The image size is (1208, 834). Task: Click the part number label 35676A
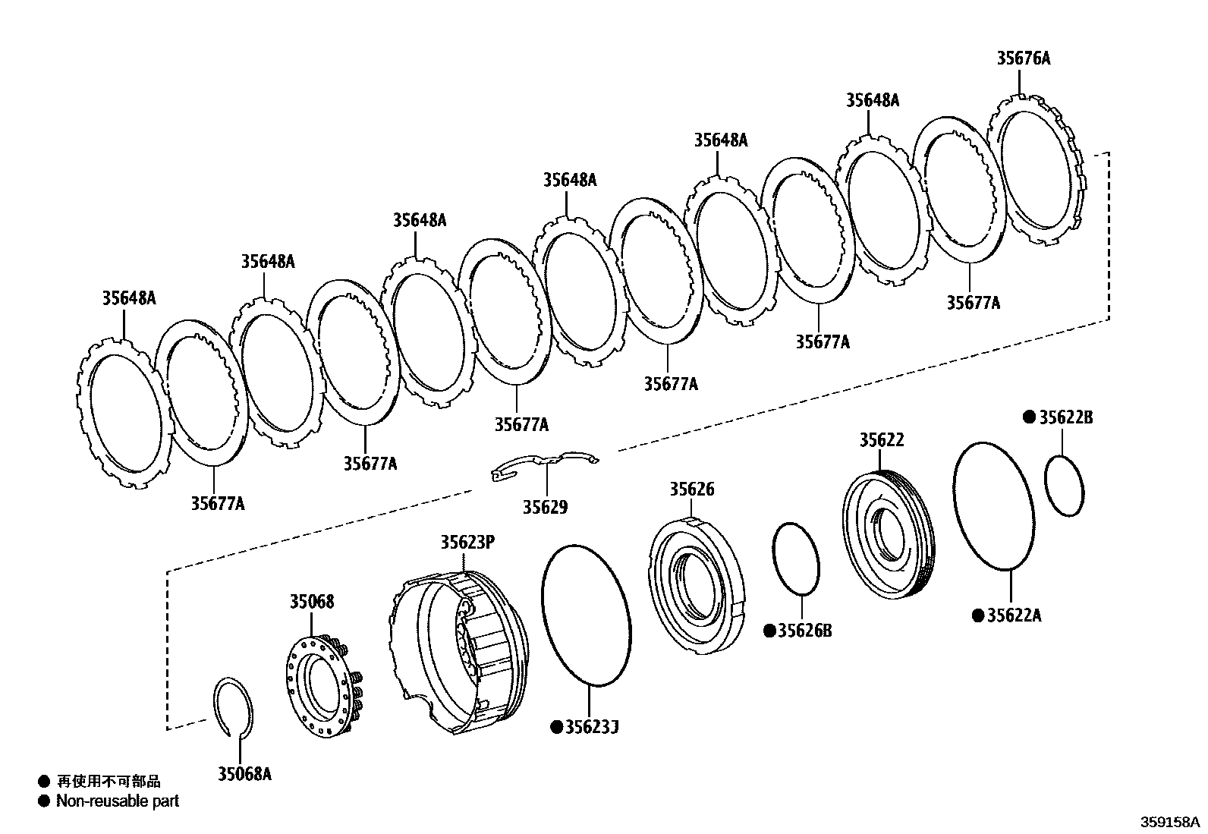pyautogui.click(x=1023, y=58)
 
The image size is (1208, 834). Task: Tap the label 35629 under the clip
pyautogui.click(x=544, y=507)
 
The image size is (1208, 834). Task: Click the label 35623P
pyautogui.click(x=467, y=543)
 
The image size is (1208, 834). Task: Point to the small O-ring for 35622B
pyautogui.click(x=1064, y=486)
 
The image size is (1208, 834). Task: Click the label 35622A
pyautogui.click(x=1014, y=615)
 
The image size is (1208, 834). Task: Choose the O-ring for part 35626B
pyautogui.click(x=796, y=559)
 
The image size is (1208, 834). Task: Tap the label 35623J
pyautogui.click(x=591, y=728)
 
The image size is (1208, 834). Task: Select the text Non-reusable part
pyautogui.click(x=118, y=801)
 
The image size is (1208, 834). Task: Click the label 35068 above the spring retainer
pyautogui.click(x=311, y=602)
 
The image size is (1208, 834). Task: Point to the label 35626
pyautogui.click(x=691, y=489)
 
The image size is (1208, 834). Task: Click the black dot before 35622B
pyautogui.click(x=1029, y=417)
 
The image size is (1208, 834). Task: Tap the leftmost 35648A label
pyautogui.click(x=129, y=298)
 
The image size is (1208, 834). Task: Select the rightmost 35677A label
pyautogui.click(x=973, y=303)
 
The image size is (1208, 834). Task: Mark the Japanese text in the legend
pyautogui.click(x=109, y=782)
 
